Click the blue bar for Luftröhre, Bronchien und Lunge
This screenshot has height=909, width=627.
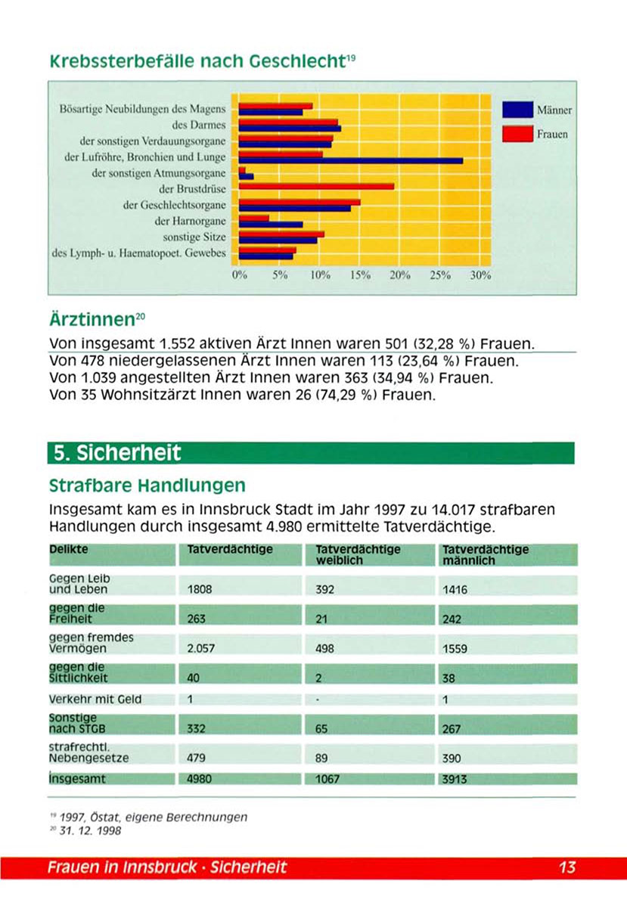350,160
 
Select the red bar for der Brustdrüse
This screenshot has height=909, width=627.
316,185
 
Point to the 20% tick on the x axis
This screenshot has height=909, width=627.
399,276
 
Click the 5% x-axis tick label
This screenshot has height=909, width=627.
279,276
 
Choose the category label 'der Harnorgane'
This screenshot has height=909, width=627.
190,221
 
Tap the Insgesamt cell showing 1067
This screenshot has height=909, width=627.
327,779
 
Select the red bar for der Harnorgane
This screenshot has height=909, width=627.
253,218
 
